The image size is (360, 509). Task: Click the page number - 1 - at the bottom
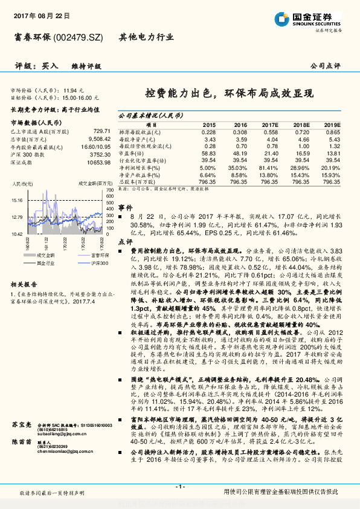click(x=180, y=487)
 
